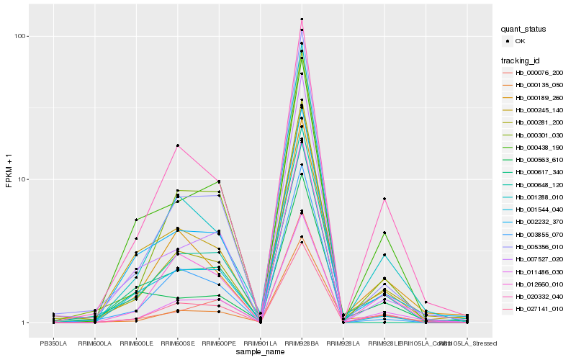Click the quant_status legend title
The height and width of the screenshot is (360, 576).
point(524,29)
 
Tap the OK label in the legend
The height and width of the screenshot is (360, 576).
point(521,41)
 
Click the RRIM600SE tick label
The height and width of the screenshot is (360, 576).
point(177,342)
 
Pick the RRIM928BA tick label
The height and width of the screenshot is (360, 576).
point(302,342)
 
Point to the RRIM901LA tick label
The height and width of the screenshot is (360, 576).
point(260,342)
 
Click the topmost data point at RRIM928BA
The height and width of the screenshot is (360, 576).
point(302,19)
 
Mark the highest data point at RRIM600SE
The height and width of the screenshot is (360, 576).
point(177,145)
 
